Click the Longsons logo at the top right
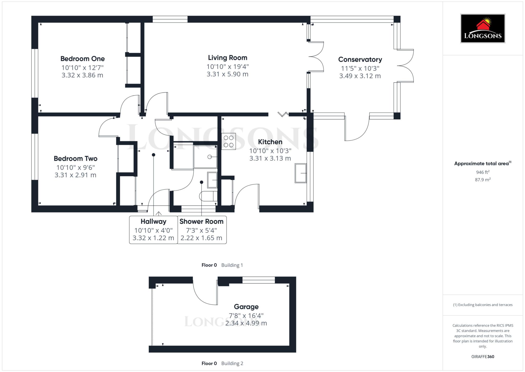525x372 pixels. pos(482,28)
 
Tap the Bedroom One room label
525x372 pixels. pos(83,59)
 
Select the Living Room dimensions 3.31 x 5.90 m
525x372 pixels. pos(227,74)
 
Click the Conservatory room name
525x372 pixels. pos(360,59)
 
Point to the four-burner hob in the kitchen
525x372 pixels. pos(228,141)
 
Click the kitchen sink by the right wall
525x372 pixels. pos(301,173)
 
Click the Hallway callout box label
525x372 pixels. pos(153,221)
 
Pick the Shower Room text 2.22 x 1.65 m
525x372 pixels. pos(201,238)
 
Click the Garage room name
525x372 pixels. pos(246,307)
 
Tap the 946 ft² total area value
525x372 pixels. pos(482,172)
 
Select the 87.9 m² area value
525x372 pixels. pos(482,180)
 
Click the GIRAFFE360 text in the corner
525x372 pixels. pos(482,357)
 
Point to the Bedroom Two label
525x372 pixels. pos(75,158)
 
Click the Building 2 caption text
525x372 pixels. pos(232,363)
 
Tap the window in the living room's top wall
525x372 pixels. pos(170,19)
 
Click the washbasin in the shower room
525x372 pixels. pos(212,180)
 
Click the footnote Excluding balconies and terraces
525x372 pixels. pos(482,305)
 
